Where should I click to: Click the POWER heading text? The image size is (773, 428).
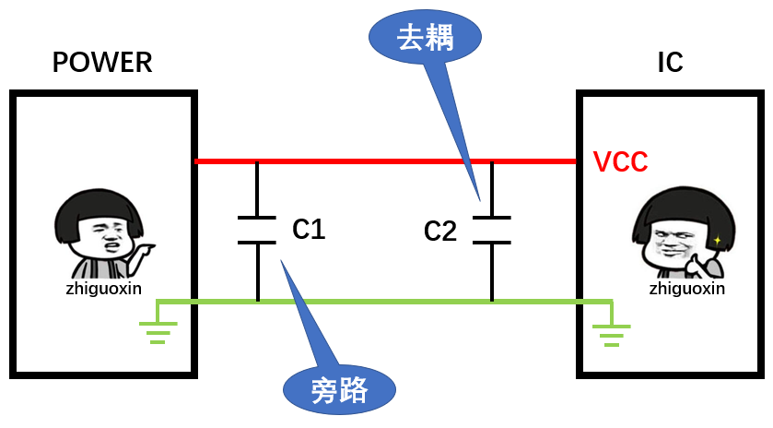coord(102,63)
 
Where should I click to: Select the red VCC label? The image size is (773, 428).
coord(621,162)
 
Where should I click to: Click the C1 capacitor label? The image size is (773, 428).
coord(309,229)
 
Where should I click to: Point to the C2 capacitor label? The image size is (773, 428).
coord(440,231)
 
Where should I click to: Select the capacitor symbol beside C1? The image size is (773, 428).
coord(257,231)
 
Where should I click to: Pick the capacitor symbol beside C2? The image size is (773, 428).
coord(492,231)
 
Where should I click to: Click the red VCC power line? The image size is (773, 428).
coord(387,161)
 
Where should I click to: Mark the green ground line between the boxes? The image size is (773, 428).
coord(387,301)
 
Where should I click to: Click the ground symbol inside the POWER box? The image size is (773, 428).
coord(158,328)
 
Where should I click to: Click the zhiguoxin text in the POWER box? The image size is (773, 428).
coord(101,288)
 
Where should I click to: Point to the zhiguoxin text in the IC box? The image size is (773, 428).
coord(687,288)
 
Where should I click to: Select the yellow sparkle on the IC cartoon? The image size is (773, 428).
coord(717,240)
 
